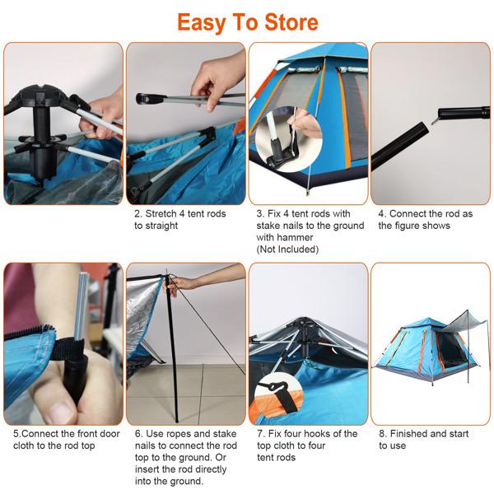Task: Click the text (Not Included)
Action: pos(287,249)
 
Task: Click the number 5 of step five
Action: pos(16,434)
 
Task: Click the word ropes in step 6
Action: pos(190,434)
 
